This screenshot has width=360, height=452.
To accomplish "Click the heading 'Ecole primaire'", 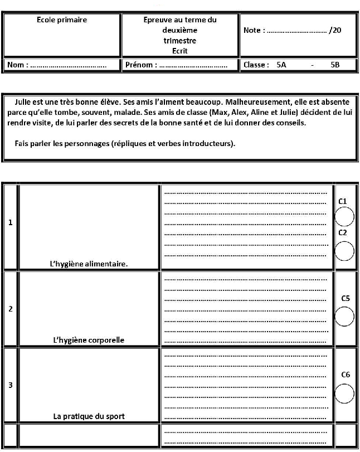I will (x=62, y=20).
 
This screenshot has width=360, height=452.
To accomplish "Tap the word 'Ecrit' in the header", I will (x=179, y=51).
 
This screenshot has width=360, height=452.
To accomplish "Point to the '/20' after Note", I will (x=335, y=30).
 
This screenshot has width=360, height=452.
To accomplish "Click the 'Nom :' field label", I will (x=17, y=65).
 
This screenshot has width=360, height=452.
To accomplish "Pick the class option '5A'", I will (x=281, y=65).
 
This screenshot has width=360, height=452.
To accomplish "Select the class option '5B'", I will (x=335, y=65).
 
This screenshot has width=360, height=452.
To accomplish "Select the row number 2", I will (x=11, y=309).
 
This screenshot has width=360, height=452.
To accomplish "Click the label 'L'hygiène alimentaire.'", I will (x=89, y=264).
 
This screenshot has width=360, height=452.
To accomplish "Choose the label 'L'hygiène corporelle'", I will (x=89, y=340).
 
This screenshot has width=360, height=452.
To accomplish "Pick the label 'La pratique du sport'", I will (x=89, y=416).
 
